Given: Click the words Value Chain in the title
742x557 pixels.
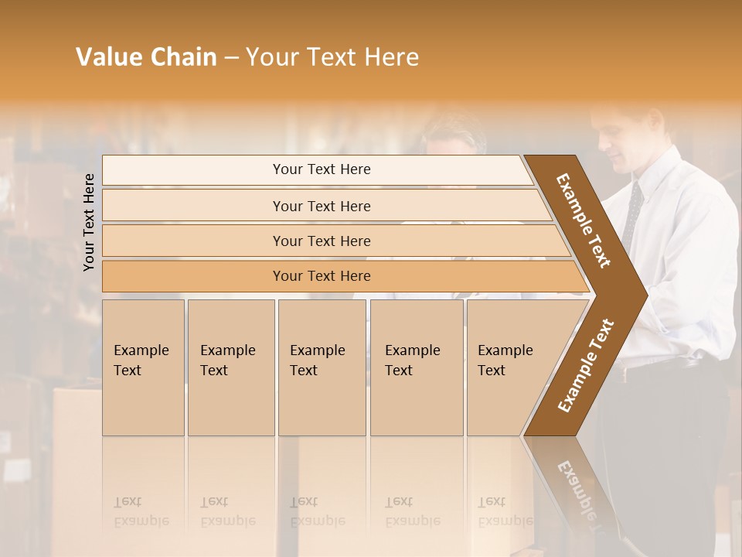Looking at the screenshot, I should click(146, 57).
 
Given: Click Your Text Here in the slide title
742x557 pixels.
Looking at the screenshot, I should click(332, 57).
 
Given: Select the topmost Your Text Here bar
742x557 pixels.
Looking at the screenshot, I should click(321, 169).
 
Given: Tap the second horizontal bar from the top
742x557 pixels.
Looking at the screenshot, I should click(321, 206).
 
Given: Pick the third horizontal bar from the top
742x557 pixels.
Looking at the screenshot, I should click(321, 241).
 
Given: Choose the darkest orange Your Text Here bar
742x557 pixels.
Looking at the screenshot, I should click(321, 276).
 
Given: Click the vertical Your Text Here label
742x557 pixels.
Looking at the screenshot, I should click(90, 222).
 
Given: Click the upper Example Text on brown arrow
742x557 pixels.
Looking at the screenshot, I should click(584, 220).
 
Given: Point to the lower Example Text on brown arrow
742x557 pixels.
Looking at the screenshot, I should click(586, 366).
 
